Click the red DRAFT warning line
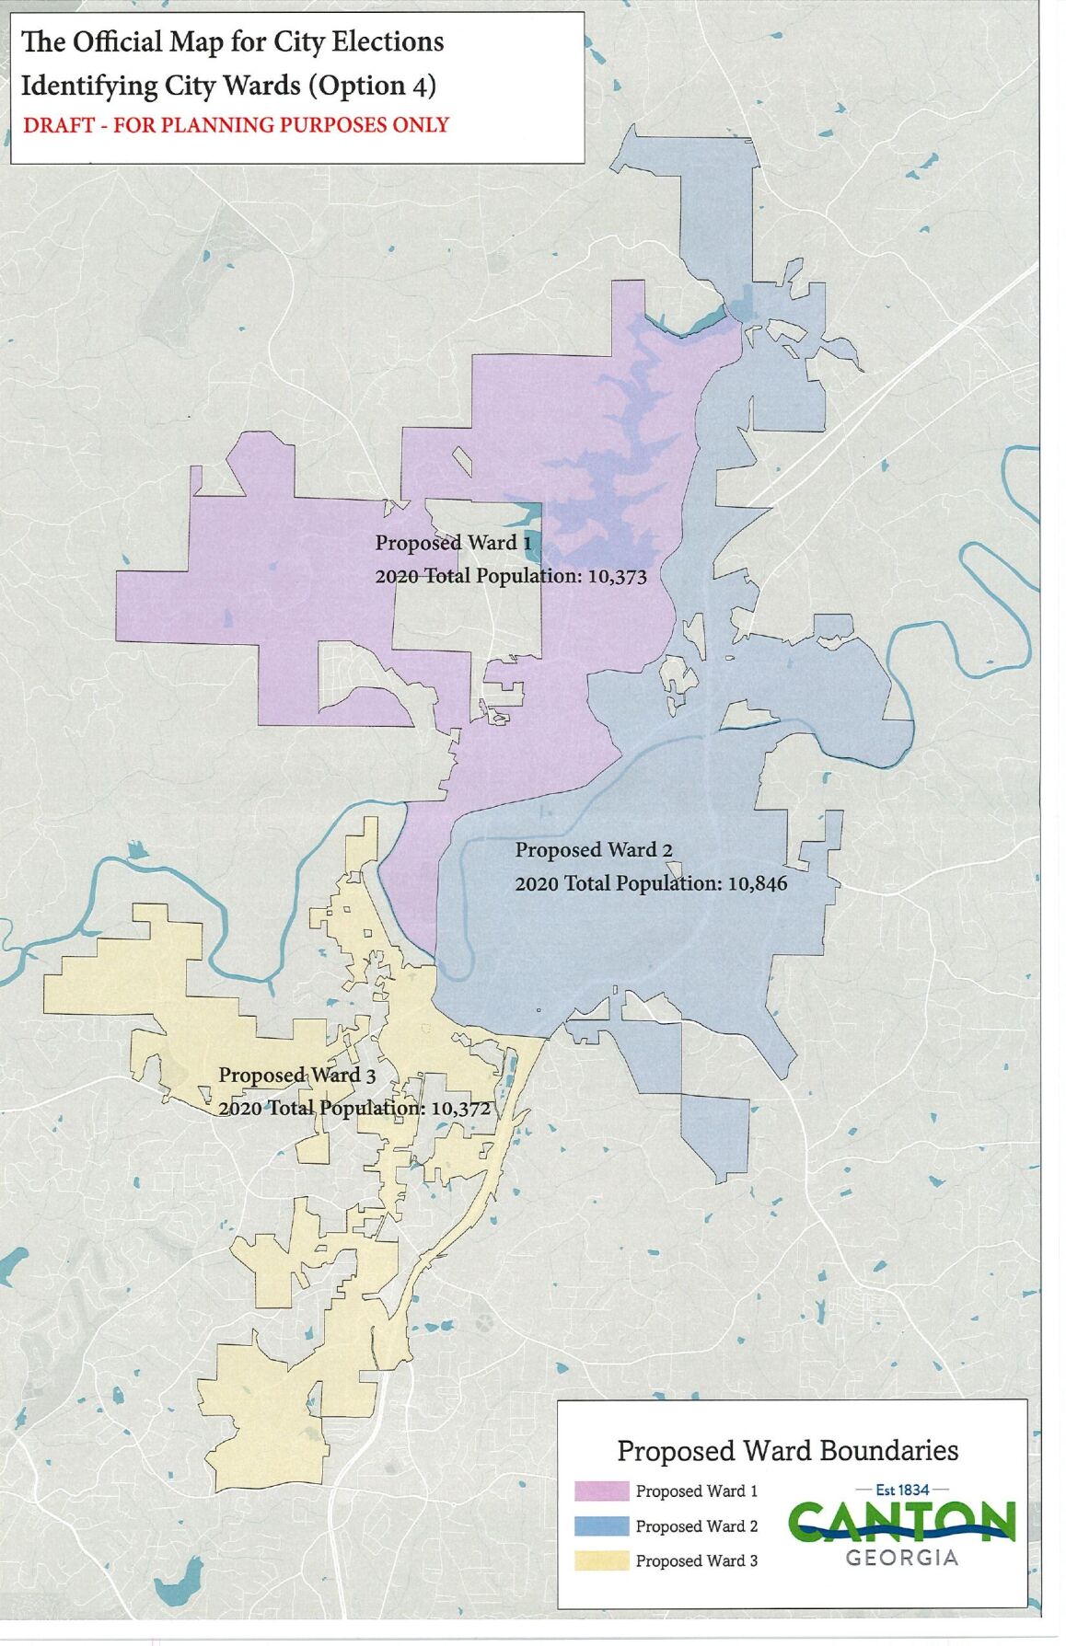236,125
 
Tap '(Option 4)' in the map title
373,86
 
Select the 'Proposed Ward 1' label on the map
453,543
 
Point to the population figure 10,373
617,577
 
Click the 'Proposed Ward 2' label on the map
593,850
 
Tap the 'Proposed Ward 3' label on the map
296,1076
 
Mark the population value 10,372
460,1108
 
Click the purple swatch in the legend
601,1491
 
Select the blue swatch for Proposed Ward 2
601,1525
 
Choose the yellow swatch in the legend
601,1560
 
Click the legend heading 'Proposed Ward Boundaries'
787,1451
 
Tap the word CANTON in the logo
902,1522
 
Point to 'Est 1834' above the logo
902,1490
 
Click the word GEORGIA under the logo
902,1558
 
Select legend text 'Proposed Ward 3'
697,1560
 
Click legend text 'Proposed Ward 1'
697,1491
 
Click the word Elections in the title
388,42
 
